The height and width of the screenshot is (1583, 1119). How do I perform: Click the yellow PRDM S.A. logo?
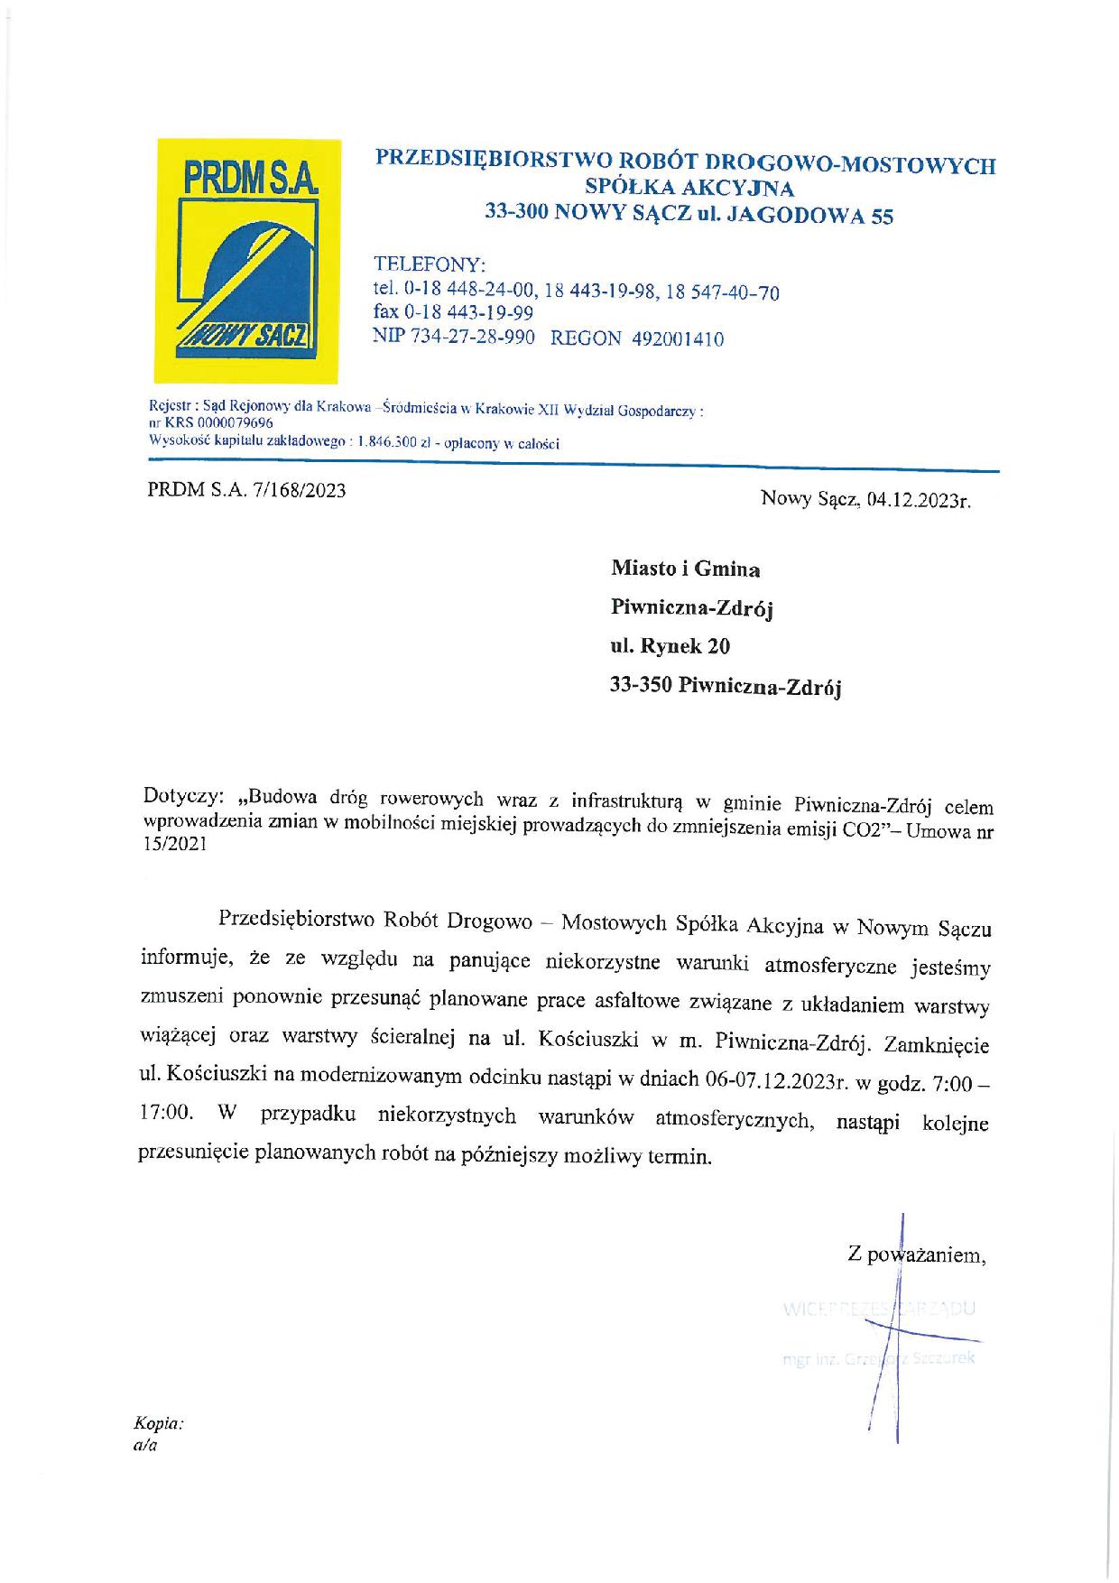tap(248, 259)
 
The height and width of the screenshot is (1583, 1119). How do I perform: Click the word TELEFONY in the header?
tap(430, 265)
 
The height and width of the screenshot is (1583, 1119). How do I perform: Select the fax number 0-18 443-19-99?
tap(469, 313)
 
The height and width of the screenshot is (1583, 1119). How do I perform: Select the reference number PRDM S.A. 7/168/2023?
tap(246, 491)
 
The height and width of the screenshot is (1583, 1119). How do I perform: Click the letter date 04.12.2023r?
tap(917, 501)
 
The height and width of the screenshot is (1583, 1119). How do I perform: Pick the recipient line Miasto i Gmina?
tap(686, 569)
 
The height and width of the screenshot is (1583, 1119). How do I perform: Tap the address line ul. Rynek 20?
tap(671, 647)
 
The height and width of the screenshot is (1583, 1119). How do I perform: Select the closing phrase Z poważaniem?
tap(916, 1254)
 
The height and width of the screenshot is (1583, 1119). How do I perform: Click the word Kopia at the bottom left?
tap(158, 1424)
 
